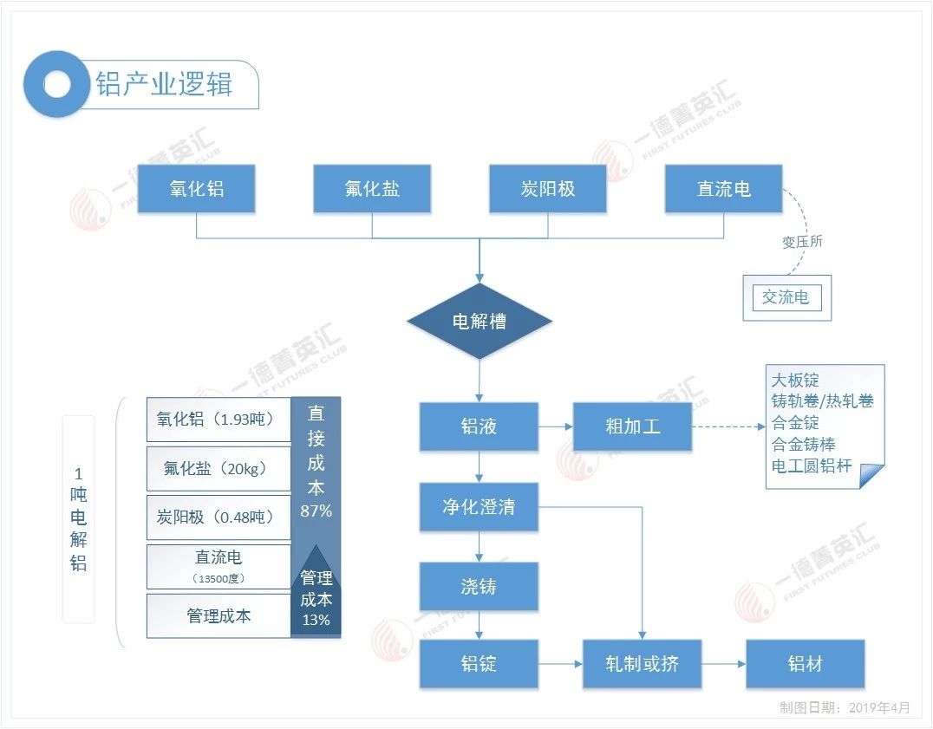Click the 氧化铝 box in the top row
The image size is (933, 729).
coord(197,188)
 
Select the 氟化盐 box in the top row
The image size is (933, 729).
coord(372,188)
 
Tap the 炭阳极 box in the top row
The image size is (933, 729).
coord(548,188)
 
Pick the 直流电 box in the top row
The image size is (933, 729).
coord(724,188)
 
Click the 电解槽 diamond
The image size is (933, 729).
coord(480,322)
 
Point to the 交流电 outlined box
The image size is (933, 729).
coord(786,297)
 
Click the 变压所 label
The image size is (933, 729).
coord(802,242)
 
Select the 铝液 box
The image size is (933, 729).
coord(479,426)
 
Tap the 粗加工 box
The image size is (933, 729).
coord(632,426)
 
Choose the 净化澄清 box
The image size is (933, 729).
coord(479,507)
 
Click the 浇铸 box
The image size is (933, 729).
coord(479,587)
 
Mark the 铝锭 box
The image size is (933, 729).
coord(479,665)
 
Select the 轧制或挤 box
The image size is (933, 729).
coord(642,665)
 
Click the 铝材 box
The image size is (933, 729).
coord(806,665)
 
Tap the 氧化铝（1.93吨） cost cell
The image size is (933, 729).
coord(218,420)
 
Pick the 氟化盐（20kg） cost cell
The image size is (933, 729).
coord(218,469)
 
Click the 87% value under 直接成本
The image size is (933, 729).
coord(316,511)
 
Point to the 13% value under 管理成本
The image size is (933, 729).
coord(316,620)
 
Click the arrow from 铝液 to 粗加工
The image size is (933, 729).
coord(556,426)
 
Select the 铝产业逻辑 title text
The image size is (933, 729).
coord(164,85)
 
